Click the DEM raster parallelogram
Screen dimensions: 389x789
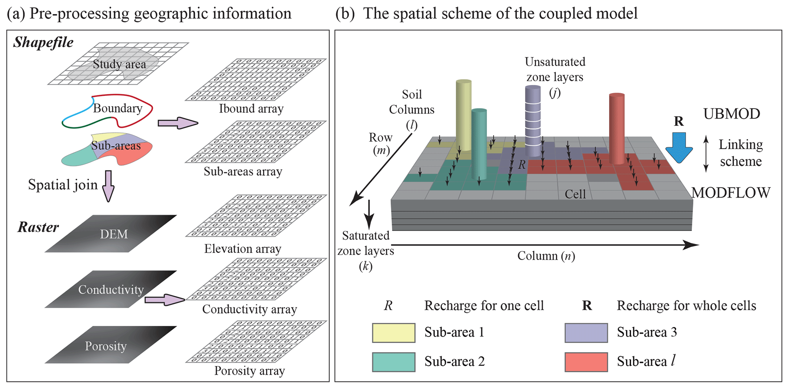[111, 234]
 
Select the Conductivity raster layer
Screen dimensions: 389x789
[111, 289]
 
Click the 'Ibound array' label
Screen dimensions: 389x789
[251, 109]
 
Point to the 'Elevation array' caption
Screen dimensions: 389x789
[243, 249]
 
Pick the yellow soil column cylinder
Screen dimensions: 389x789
[463, 115]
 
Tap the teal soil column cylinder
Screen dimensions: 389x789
[479, 144]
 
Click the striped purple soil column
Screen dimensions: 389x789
[533, 120]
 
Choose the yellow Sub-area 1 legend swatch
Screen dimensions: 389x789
[394, 333]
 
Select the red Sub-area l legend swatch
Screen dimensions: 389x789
[586, 362]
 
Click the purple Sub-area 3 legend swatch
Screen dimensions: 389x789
[586, 333]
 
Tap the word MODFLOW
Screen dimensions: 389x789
[731, 193]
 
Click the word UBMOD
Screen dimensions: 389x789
[731, 114]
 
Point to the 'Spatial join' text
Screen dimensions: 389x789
[63, 185]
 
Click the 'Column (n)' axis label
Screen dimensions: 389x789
[546, 256]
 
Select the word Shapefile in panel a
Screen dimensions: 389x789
[43, 42]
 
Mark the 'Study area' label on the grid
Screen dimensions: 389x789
[119, 64]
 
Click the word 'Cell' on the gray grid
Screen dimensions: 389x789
[575, 194]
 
